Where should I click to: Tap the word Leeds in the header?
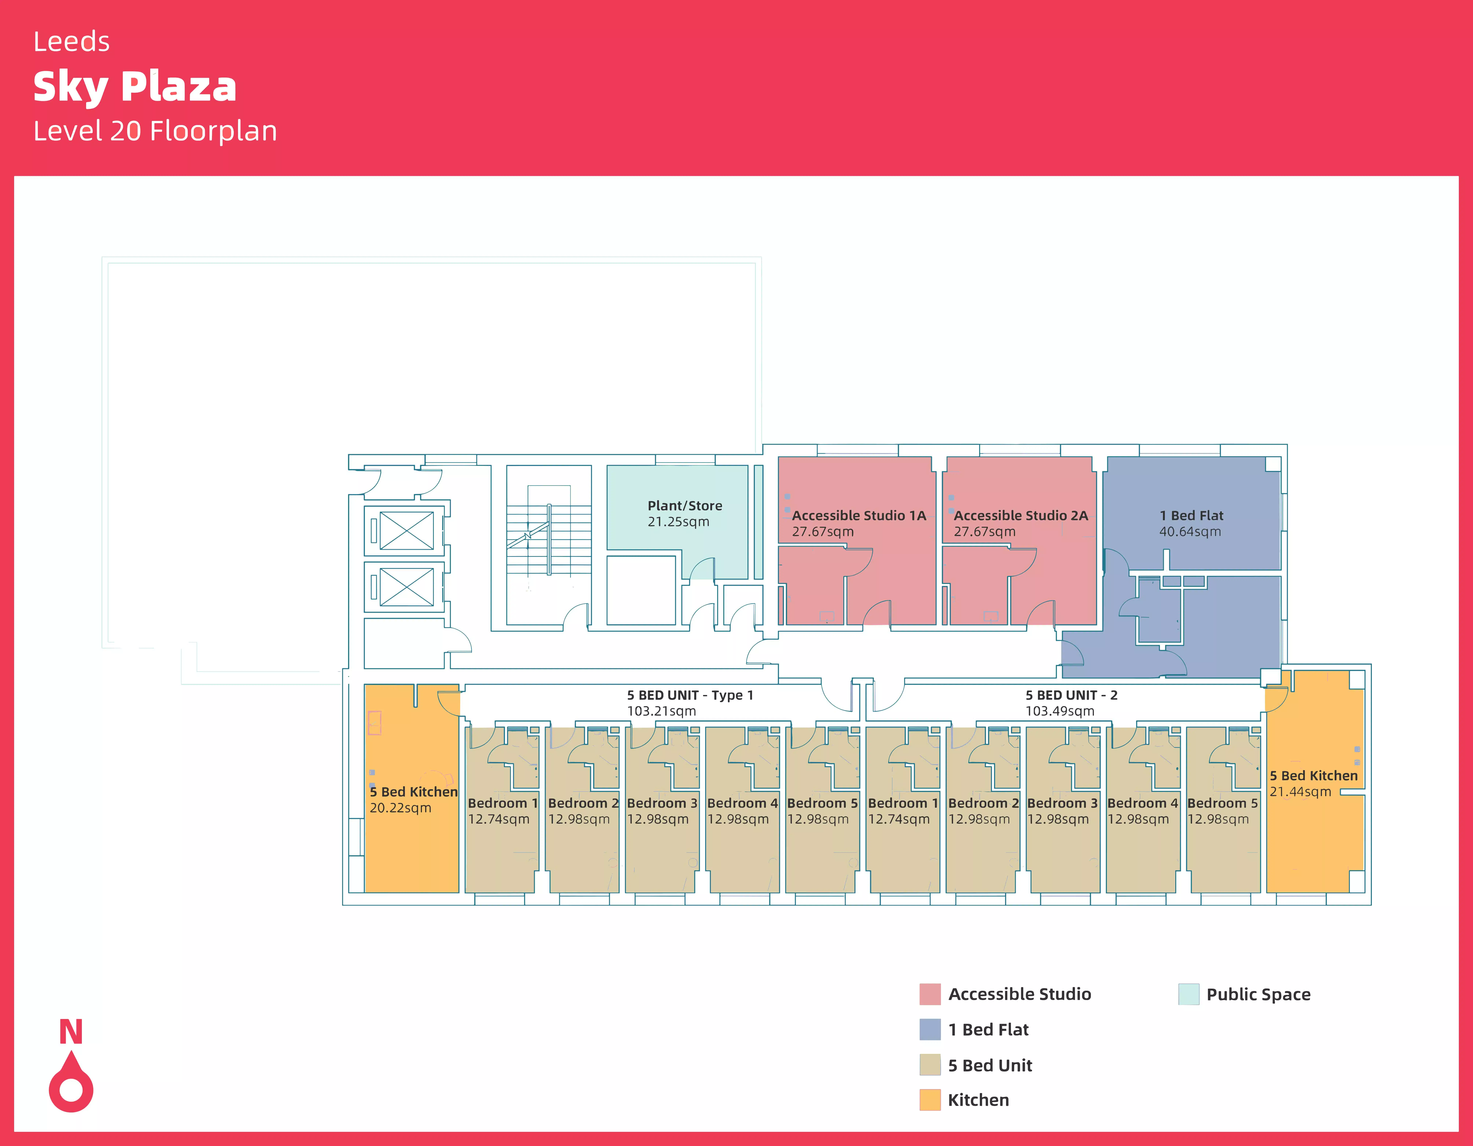point(71,42)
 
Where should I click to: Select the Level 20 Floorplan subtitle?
point(155,131)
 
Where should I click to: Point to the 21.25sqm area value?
point(678,522)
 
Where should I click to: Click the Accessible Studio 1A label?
point(859,515)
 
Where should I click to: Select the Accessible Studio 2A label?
point(1020,515)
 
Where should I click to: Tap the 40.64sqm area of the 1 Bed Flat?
point(1190,532)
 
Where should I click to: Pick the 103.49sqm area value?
point(1059,711)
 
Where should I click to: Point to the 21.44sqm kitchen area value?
point(1300,792)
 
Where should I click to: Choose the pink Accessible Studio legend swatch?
point(929,994)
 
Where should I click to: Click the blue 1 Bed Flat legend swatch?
point(929,1029)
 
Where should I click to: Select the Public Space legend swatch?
point(1188,994)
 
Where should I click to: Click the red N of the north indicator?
point(71,1032)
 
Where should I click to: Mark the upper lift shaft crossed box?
point(407,530)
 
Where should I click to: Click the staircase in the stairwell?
point(548,533)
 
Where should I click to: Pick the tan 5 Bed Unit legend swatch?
point(929,1065)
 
